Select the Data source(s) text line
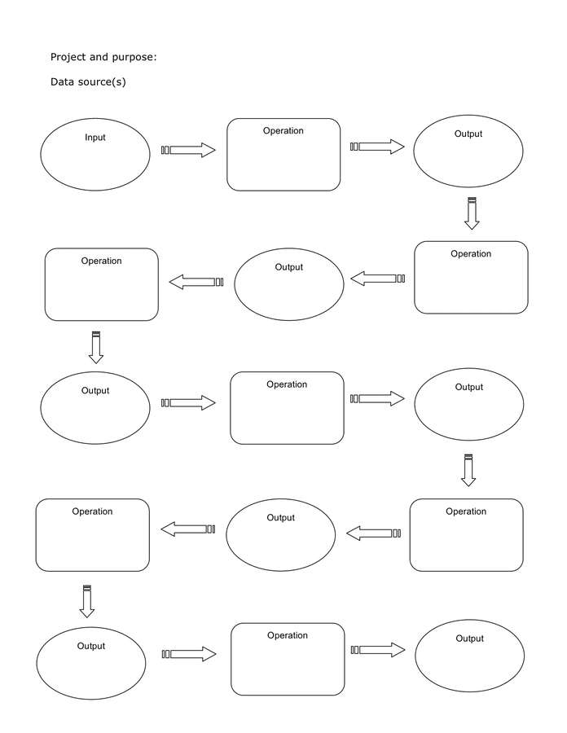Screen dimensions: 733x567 pos(88,81)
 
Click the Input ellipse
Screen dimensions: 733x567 pos(95,155)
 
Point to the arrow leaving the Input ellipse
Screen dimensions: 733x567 pos(189,150)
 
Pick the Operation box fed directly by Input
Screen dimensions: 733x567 pos(283,155)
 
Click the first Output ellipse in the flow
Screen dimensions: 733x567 pos(468,151)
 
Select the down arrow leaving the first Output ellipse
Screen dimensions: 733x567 pos(472,213)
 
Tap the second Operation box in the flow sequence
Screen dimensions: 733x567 pos(471,277)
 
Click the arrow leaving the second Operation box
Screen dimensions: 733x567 pos(377,279)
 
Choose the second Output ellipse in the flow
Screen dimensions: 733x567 pos(289,284)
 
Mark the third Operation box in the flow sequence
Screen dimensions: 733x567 pos(102,284)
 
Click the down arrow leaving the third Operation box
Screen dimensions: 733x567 pos(96,348)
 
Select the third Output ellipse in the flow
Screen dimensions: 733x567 pos(95,407)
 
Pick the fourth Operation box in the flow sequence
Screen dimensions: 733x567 pos(287,408)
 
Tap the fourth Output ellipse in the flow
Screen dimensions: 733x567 pos(468,405)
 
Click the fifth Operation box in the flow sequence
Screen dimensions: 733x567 pos(466,535)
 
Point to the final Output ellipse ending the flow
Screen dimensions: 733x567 pos(470,656)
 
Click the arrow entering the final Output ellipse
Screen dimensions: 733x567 pos(378,650)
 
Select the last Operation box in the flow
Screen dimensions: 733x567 pos(288,659)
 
